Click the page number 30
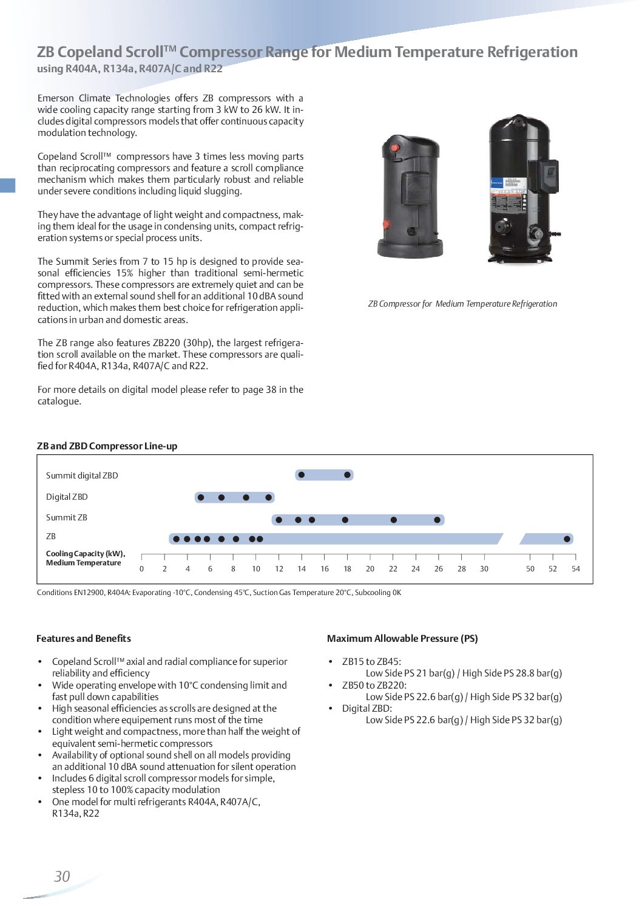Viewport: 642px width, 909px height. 62,876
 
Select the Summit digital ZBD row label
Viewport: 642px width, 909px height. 82,475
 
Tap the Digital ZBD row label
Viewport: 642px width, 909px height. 67,497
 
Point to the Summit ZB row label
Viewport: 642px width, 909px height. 67,517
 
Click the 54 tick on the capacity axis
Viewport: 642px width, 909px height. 575,569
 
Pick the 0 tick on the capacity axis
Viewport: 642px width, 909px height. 142,569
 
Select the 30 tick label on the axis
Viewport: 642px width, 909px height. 484,569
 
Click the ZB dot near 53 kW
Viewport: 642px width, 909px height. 567,539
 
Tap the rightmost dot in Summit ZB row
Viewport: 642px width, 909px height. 438,520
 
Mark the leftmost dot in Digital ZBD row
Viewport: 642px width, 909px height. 201,498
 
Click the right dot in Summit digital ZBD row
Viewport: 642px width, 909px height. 347,475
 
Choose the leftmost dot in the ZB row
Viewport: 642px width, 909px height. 176,539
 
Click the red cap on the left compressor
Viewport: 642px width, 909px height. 395,147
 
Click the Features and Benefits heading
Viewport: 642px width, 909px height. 84,638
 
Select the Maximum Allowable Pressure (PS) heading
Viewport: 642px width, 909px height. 402,638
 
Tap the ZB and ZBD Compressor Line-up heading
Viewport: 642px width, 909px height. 107,446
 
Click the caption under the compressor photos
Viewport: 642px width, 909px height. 462,304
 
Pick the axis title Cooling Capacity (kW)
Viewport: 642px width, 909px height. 86,554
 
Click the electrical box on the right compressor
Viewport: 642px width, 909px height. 544,176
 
